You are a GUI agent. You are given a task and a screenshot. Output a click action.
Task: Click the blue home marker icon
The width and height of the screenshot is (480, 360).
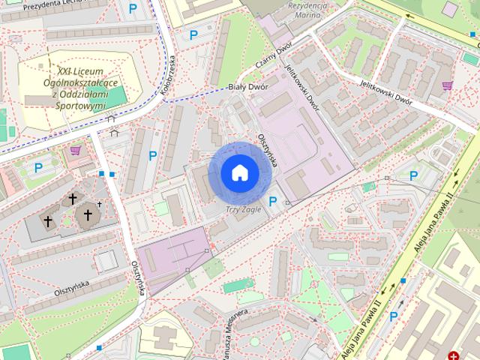pyautogui.click(x=240, y=172)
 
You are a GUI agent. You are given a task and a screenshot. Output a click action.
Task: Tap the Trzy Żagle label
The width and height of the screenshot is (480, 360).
pyautogui.click(x=244, y=209)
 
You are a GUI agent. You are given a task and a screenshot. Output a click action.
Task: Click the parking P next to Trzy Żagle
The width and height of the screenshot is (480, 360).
pyautogui.click(x=273, y=202)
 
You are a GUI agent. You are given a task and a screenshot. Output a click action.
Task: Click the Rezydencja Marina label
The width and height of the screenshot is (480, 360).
pyautogui.click(x=308, y=10)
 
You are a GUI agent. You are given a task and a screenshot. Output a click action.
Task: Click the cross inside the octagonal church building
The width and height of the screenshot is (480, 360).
pyautogui.click(x=87, y=215)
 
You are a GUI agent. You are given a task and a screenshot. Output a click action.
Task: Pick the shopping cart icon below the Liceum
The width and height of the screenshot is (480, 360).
pyautogui.click(x=75, y=150)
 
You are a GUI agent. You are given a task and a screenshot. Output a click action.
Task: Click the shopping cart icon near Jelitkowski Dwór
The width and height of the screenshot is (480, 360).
pyautogui.click(x=448, y=85)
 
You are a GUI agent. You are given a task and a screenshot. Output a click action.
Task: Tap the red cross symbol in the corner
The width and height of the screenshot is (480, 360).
pyautogui.click(x=454, y=355)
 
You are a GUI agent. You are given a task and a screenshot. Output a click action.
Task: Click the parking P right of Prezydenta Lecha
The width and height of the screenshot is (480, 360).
pyautogui.click(x=133, y=9)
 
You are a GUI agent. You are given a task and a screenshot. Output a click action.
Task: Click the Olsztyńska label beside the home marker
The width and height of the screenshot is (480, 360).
pyautogui.click(x=268, y=151)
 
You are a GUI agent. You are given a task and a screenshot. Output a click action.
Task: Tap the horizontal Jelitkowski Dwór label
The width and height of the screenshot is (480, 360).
pyautogui.click(x=386, y=91)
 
